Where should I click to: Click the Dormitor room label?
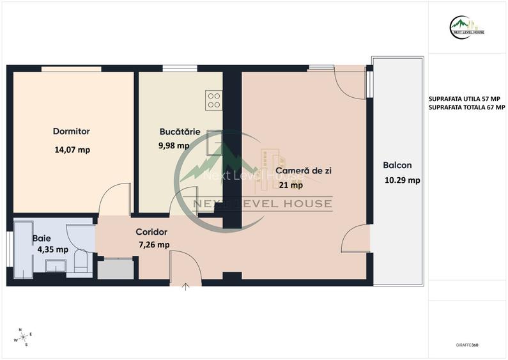click(x=71, y=132)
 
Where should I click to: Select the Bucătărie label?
click(x=180, y=132)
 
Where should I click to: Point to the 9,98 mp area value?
click(x=174, y=145)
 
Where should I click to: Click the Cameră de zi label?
click(x=304, y=171)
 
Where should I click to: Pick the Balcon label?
click(x=397, y=165)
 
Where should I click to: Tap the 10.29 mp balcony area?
click(x=402, y=180)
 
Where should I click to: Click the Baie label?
click(x=42, y=238)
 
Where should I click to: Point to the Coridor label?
click(x=151, y=232)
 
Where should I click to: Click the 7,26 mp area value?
click(x=154, y=244)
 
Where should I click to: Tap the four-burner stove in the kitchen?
click(x=213, y=100)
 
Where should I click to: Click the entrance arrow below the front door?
click(x=186, y=286)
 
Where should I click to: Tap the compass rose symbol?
click(x=23, y=337)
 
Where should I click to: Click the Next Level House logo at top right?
click(x=467, y=26)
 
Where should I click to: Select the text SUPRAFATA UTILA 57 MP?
click(x=465, y=99)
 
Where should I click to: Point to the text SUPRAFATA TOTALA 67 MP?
click(x=467, y=107)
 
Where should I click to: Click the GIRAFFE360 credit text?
click(x=467, y=345)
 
